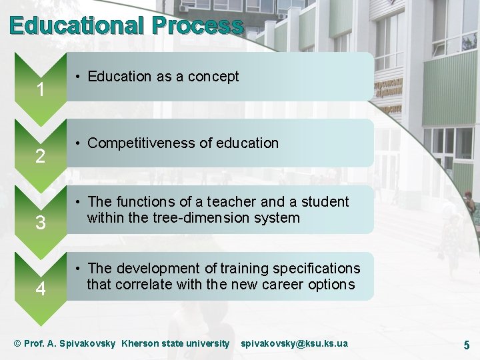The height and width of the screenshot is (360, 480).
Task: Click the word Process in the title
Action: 197,25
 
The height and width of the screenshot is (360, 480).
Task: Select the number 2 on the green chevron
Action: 41,157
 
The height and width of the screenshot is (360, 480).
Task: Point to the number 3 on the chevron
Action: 41,223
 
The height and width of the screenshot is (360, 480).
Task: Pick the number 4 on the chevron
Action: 41,290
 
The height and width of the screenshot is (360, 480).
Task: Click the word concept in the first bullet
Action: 213,77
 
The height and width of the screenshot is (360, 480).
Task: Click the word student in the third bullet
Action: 325,202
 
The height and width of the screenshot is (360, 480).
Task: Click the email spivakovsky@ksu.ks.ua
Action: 294,343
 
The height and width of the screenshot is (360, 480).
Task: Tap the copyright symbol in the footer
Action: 18,343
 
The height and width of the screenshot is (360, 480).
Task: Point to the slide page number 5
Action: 467,345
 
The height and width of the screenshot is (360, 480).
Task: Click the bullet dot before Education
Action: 78,77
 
